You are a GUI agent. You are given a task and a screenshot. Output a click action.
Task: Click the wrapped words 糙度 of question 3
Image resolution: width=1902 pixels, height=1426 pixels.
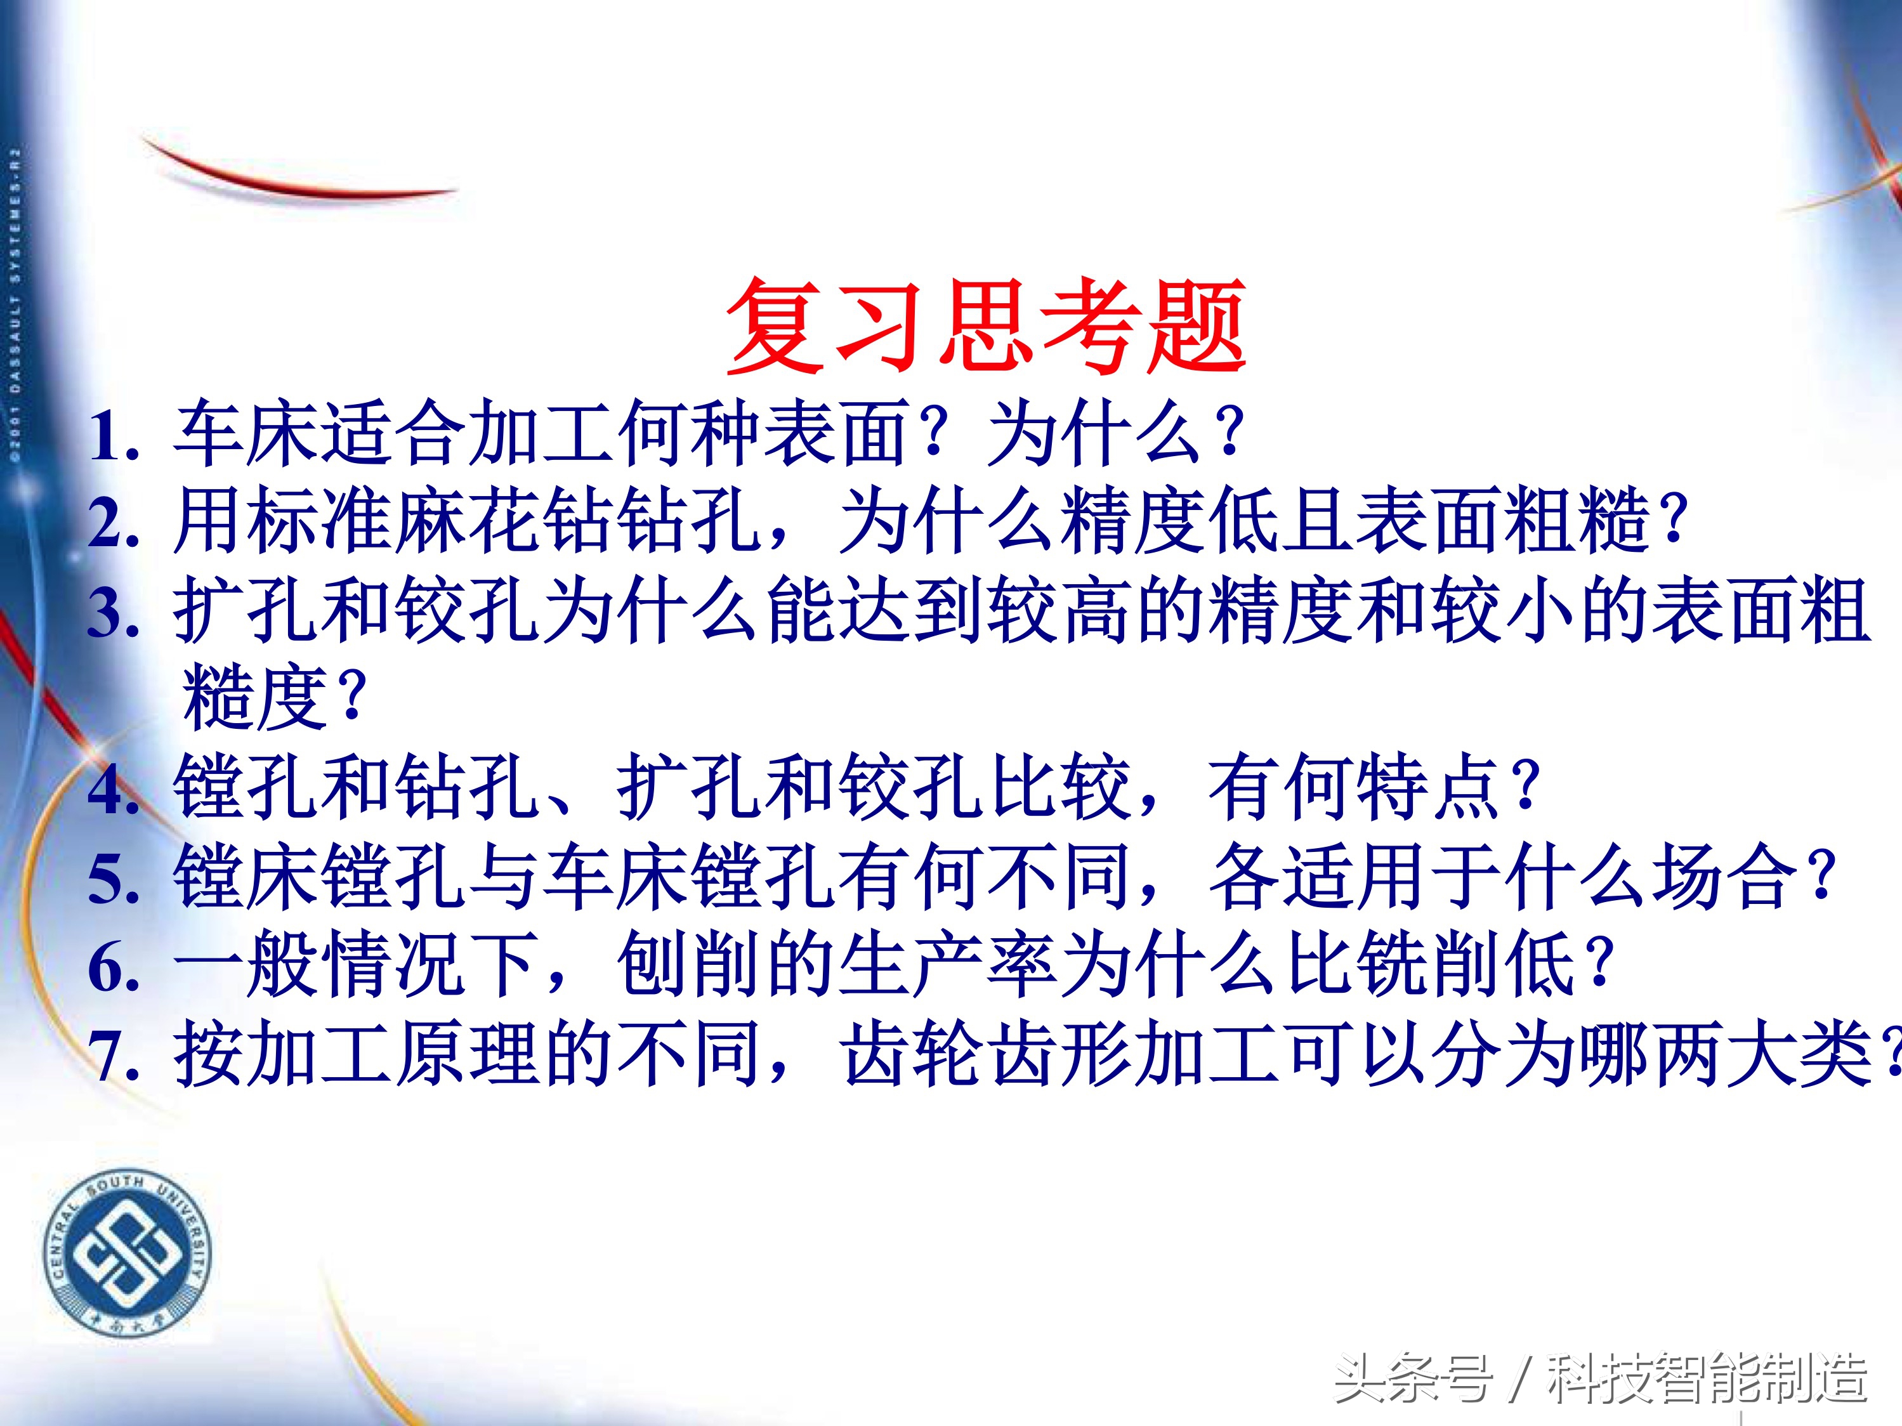tap(254, 698)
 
